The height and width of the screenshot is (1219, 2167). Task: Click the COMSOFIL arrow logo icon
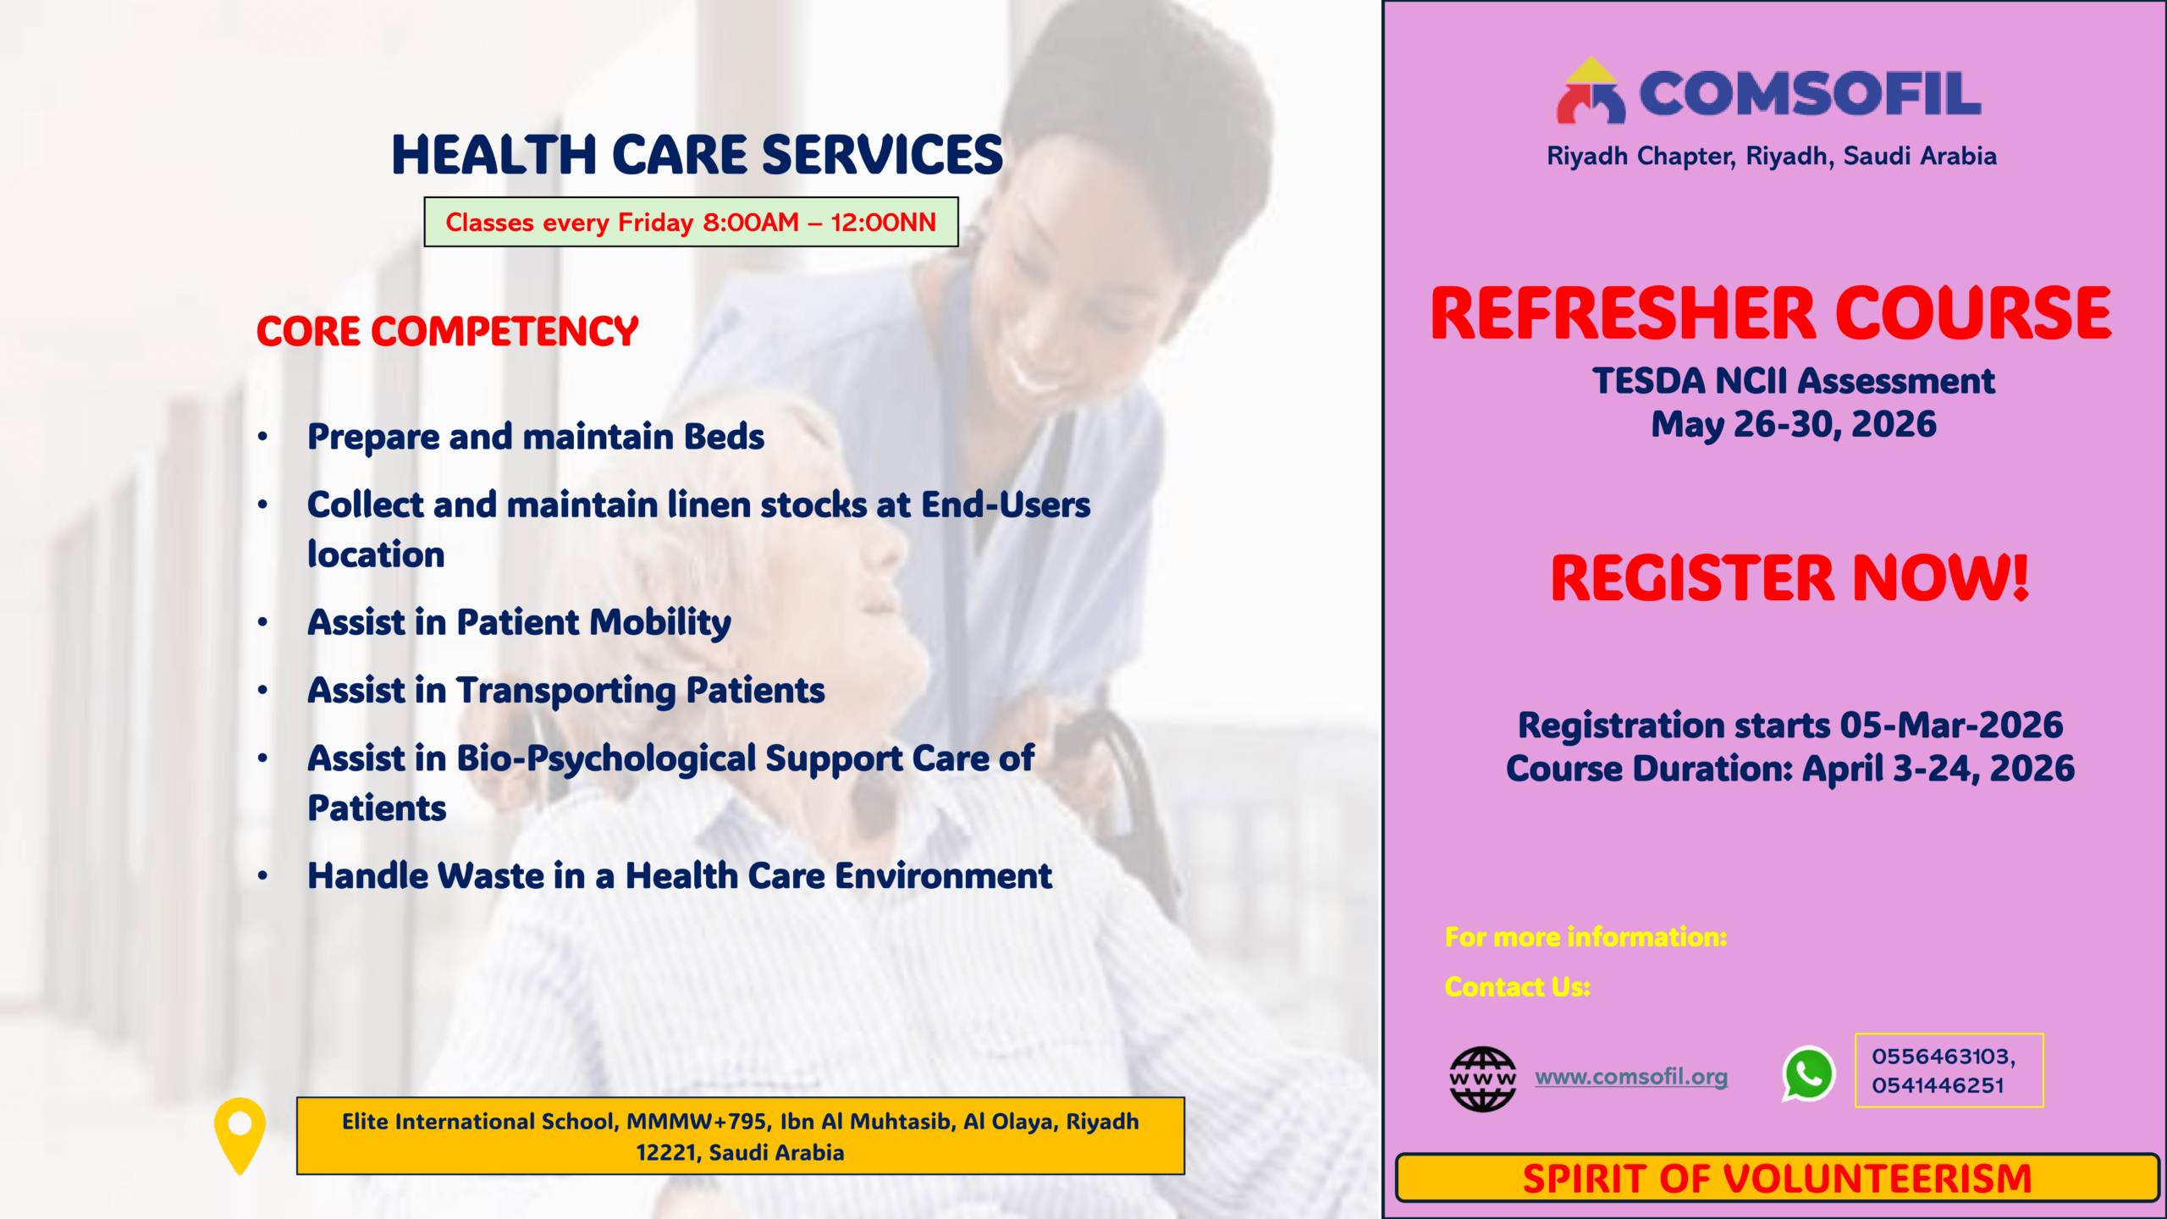coord(1591,91)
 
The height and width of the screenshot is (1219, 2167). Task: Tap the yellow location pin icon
coord(240,1135)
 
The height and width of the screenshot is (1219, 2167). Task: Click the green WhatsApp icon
coord(1808,1074)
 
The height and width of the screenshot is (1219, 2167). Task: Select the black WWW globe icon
coord(1482,1078)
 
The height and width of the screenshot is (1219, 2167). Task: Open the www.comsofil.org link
coord(1631,1077)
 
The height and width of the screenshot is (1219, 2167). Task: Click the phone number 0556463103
coord(1939,1056)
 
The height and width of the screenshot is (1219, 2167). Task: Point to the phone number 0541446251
coord(1938,1085)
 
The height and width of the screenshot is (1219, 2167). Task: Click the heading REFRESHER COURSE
coord(1771,313)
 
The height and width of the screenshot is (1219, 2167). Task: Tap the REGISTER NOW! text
coord(1789,578)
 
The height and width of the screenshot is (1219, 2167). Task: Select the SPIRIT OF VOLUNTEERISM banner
coord(1777,1178)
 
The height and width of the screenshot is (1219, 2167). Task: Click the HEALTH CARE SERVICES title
coord(697,155)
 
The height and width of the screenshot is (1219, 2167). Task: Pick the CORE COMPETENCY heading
coord(447,331)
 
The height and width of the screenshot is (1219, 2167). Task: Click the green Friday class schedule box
coord(691,222)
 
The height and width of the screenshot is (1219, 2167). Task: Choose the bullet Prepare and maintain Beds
coord(536,437)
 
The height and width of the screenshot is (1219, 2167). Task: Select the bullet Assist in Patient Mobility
coord(519,623)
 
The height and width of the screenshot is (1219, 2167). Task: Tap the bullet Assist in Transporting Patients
coord(565,691)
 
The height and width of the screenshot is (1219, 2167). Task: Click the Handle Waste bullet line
coord(680,875)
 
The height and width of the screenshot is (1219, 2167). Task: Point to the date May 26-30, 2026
coord(1793,424)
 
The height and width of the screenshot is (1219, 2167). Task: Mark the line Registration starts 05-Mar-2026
coord(1790,725)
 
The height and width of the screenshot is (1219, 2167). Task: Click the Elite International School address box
coord(741,1136)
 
